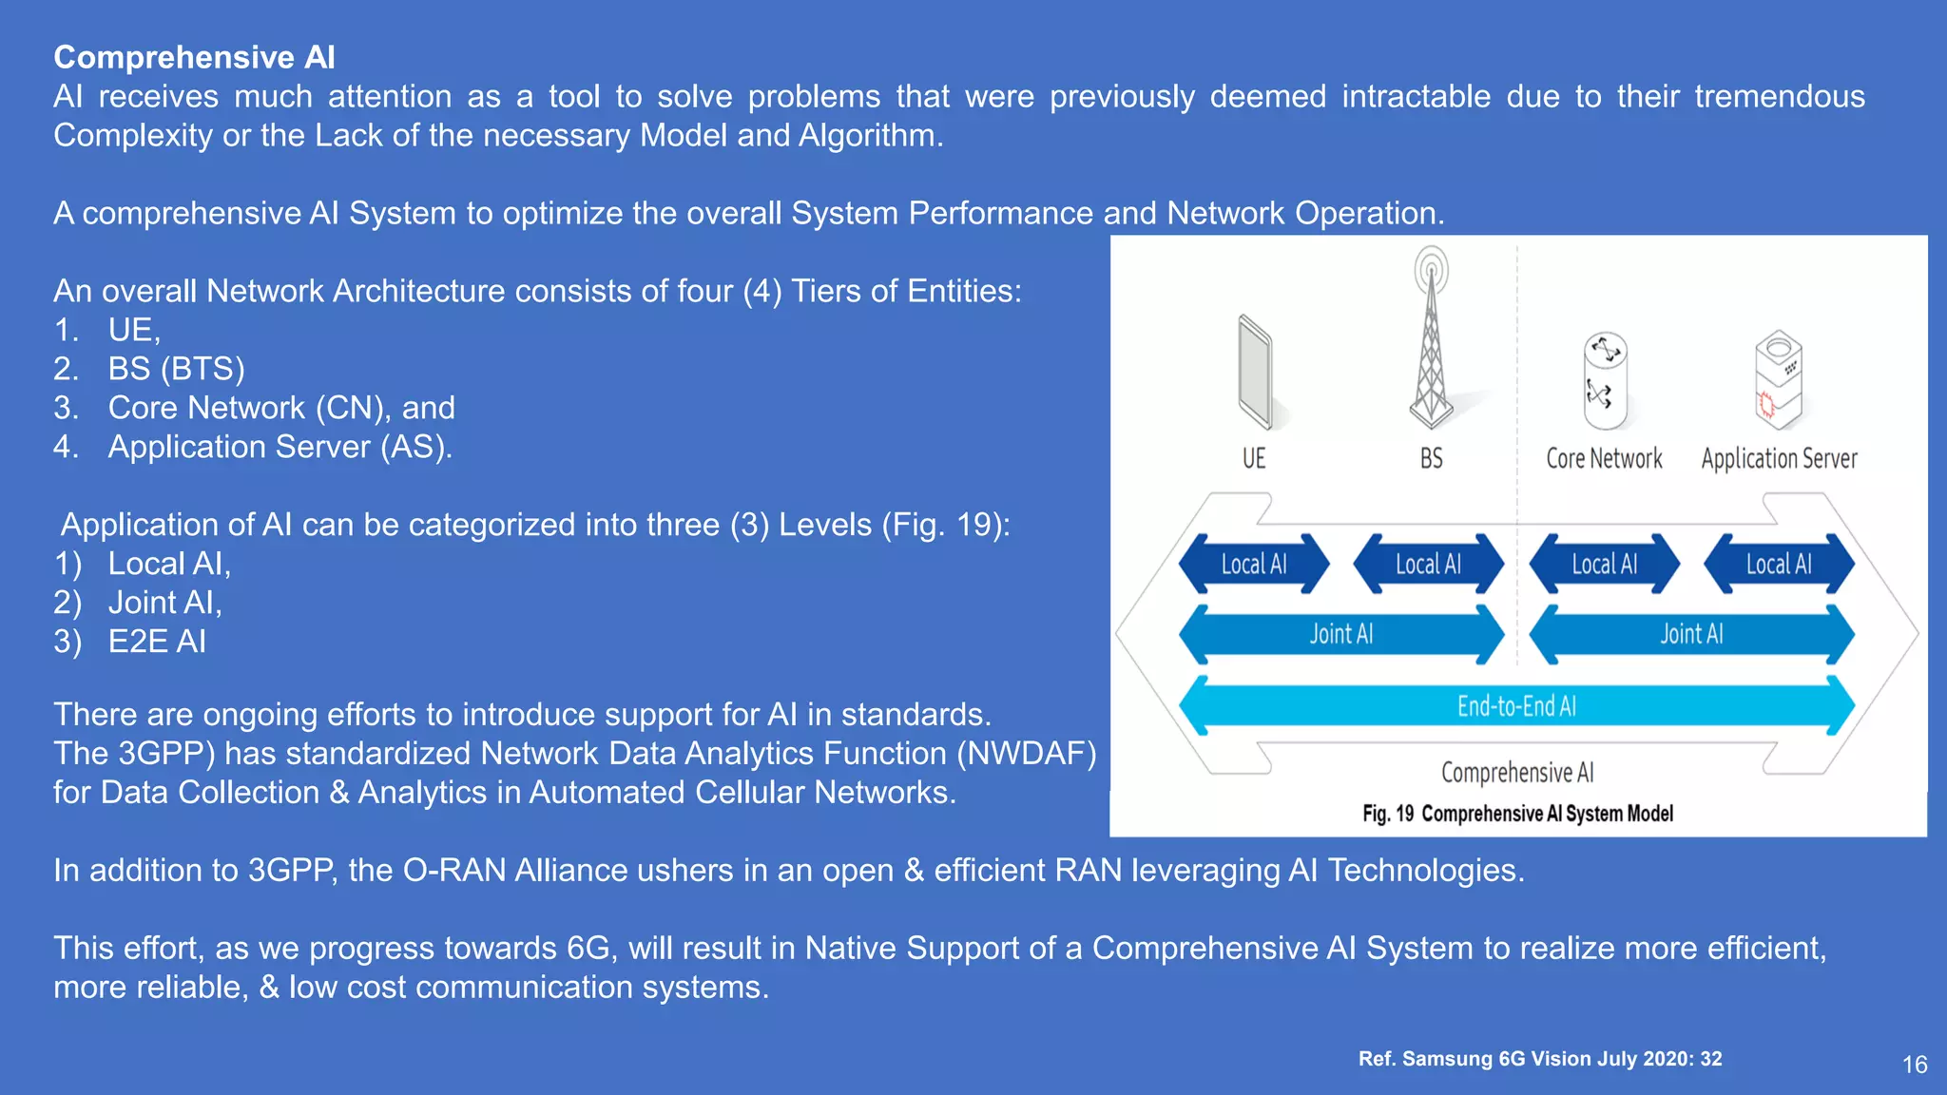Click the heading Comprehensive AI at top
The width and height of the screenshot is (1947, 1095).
pos(194,57)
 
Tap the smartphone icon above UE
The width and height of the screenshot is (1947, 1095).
pos(1255,373)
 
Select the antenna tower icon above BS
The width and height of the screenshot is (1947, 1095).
pos(1431,342)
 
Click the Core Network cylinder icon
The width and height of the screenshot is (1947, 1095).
pos(1605,380)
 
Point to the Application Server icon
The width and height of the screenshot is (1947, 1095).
pos(1778,380)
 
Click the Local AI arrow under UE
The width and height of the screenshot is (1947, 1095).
pos(1254,564)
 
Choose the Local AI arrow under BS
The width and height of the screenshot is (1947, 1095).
pos(1428,564)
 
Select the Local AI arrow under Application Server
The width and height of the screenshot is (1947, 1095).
pos(1779,564)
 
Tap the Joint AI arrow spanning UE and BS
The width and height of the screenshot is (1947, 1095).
pos(1340,634)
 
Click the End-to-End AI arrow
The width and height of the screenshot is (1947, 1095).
pos(1516,706)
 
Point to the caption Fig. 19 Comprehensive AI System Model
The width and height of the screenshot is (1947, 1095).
pos(1517,814)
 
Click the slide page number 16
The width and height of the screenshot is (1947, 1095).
pos(1915,1065)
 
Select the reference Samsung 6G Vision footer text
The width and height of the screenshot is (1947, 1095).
pos(1540,1059)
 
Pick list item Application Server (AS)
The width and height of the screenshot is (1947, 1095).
pos(280,447)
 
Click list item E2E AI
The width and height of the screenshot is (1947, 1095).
pos(157,642)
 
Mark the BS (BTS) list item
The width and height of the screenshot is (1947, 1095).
pos(176,369)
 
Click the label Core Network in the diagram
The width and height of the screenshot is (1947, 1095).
pos(1604,459)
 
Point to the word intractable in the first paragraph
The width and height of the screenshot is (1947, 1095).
pos(1416,97)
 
